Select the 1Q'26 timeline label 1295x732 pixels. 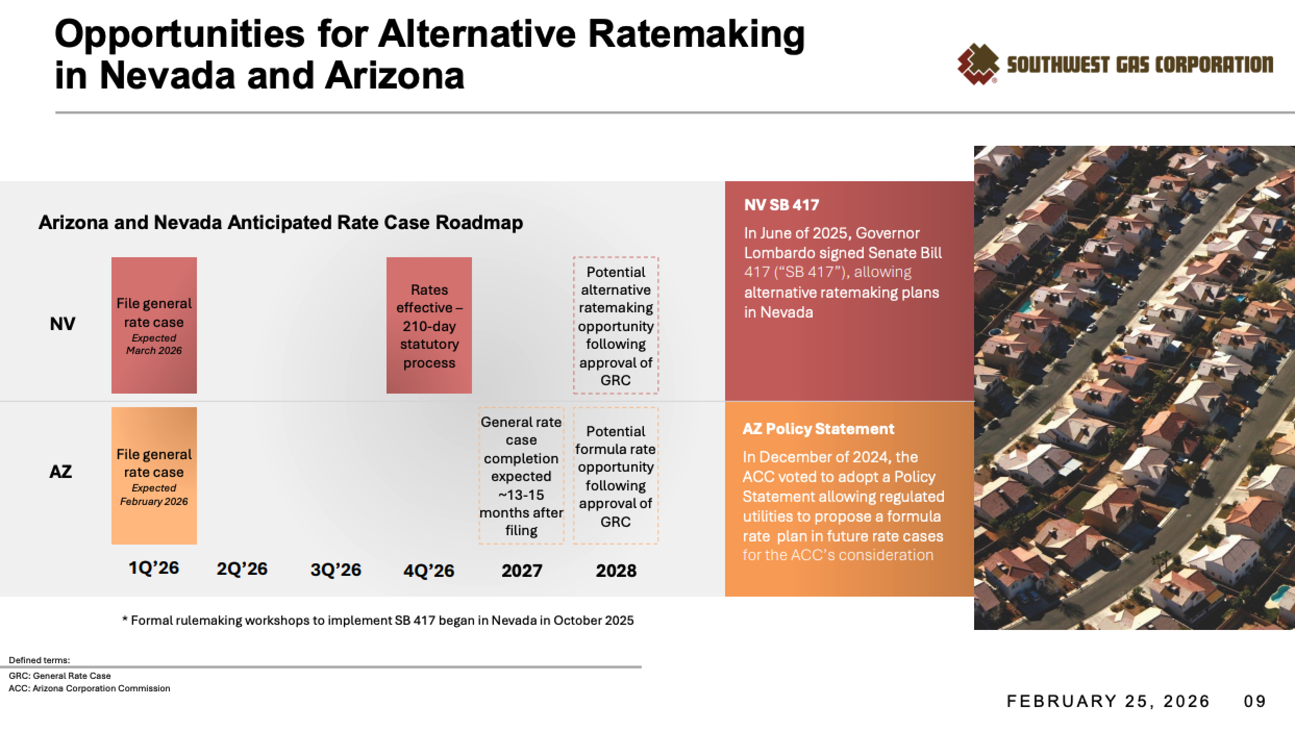click(154, 568)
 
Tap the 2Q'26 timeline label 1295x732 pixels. click(242, 569)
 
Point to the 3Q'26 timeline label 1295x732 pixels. click(335, 570)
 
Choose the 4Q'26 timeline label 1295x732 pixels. click(429, 571)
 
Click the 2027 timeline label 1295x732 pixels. click(521, 571)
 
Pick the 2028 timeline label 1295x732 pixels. click(616, 571)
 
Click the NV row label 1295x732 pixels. click(63, 324)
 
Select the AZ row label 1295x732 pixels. click(60, 472)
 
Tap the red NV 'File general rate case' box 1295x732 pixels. click(154, 325)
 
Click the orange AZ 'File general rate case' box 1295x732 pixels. click(154, 475)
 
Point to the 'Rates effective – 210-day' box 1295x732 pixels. click(429, 325)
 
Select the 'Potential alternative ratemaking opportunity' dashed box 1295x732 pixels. click(616, 325)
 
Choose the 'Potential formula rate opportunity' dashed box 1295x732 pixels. click(616, 476)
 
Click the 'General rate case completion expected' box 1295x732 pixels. click(521, 476)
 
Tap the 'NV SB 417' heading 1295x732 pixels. click(781, 205)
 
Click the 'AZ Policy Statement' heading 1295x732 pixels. click(818, 429)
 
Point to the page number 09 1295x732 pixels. click(1254, 701)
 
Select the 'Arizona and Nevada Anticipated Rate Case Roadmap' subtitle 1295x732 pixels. click(281, 223)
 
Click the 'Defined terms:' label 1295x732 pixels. click(39, 660)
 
